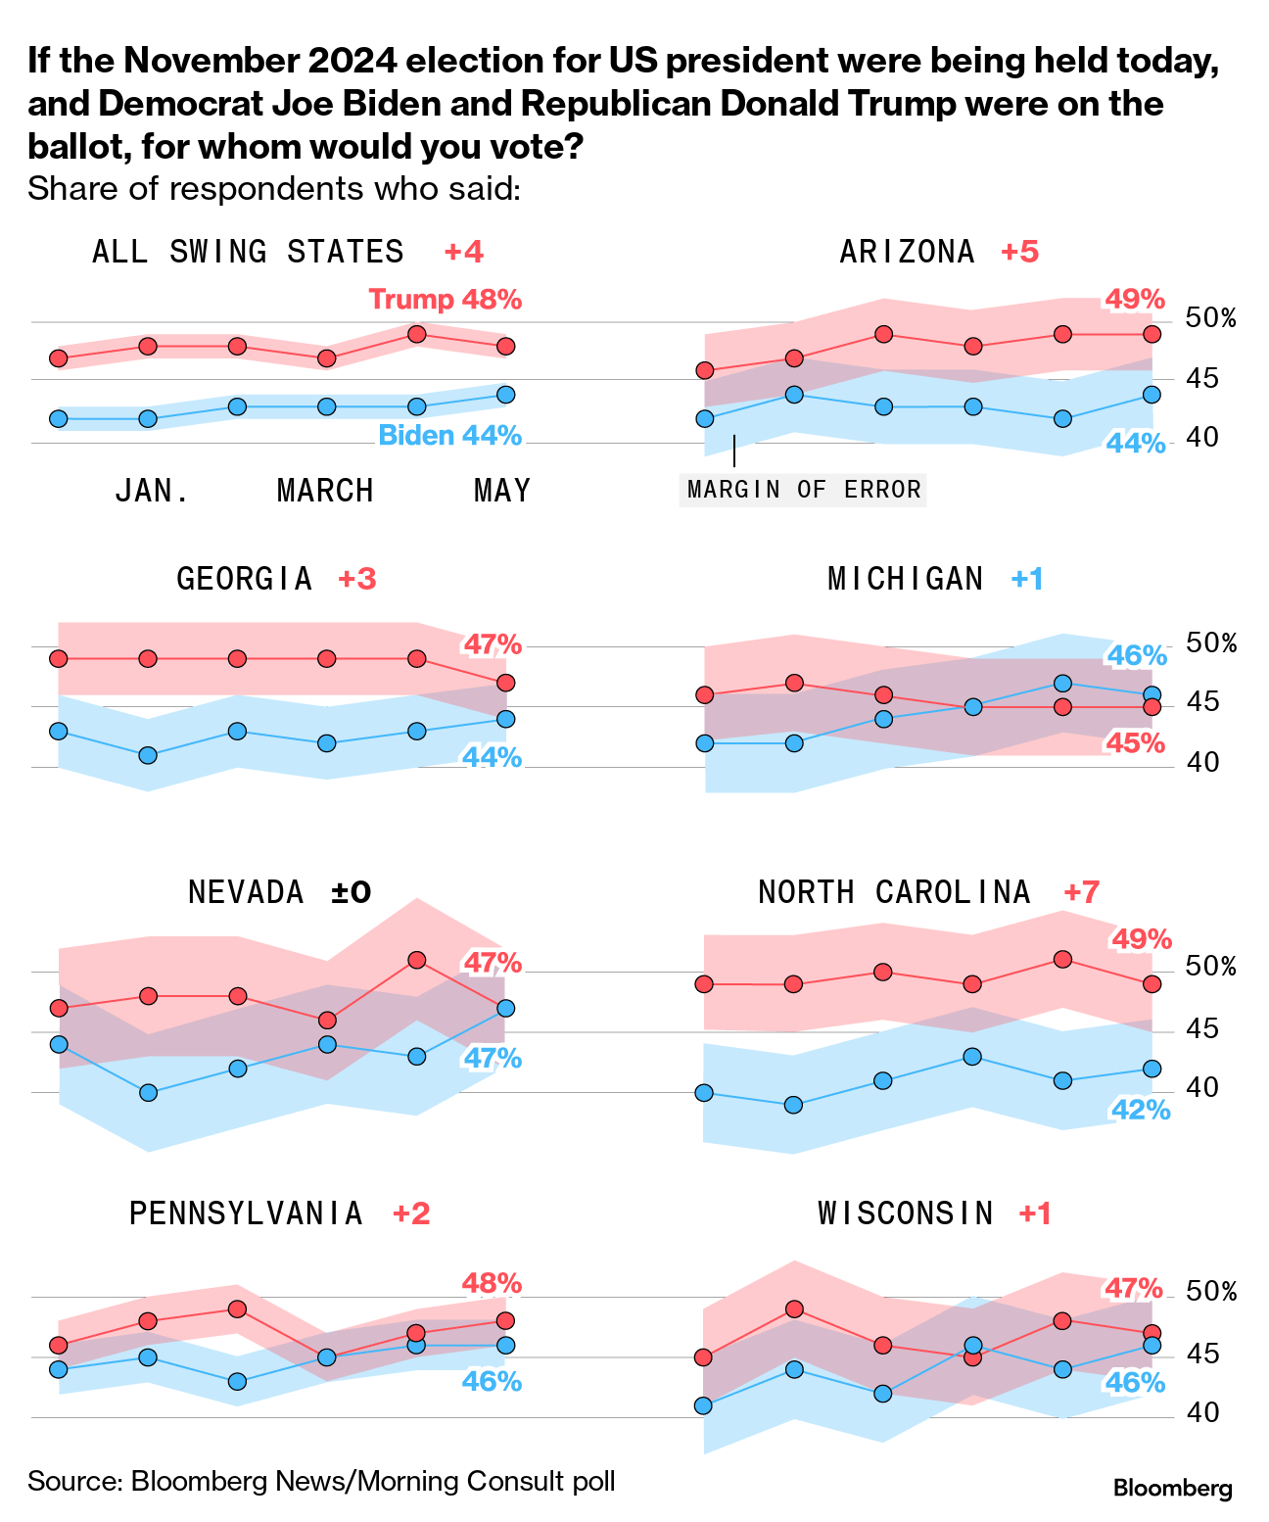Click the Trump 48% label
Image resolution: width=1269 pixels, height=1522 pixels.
pos(446,300)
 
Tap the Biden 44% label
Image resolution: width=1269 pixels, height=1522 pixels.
pos(450,436)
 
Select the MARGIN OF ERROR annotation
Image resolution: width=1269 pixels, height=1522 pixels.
pos(804,490)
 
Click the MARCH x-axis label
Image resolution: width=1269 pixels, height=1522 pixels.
pos(325,491)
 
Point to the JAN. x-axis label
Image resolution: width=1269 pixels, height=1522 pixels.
pos(153,491)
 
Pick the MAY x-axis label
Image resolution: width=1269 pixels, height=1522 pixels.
pos(502,491)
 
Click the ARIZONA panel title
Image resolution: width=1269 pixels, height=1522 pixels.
pos(908,253)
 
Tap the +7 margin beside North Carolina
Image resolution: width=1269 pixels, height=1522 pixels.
pos(1082,892)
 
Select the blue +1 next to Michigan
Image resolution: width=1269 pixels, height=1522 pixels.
pos(1027,579)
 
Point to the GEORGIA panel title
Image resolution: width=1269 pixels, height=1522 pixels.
pos(245,579)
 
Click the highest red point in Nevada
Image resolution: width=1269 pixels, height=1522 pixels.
pos(416,960)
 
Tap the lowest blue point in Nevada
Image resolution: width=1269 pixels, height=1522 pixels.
pos(148,1092)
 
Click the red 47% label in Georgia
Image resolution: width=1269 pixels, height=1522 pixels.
pos(493,645)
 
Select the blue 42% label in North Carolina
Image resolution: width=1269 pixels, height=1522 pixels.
pos(1141,1111)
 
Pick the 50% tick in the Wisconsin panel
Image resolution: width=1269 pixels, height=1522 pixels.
pos(1211,1293)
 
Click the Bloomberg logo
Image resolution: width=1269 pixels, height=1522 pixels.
pos(1173,1489)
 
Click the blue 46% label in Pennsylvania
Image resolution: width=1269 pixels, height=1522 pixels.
pos(492,1382)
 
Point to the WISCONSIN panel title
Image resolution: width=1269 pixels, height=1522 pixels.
pos(906,1214)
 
